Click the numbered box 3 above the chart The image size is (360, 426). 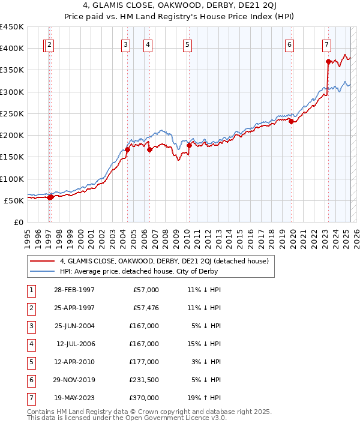pos(125,44)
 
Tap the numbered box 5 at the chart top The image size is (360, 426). pos(188,44)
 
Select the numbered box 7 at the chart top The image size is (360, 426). pos(326,44)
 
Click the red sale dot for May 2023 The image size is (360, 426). pos(328,61)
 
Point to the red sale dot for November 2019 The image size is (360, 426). pos(291,121)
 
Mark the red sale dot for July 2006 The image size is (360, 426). pos(149,149)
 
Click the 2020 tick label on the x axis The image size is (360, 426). pos(293,235)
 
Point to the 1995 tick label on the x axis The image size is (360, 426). pos(28,235)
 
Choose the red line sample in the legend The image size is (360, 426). pos(42,261)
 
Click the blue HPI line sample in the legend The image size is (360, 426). pos(42,271)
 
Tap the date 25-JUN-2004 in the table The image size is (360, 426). pos(74,326)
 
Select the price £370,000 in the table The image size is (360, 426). pos(146,398)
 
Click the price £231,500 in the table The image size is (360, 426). pos(146,380)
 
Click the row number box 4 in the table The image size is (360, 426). pos(30,344)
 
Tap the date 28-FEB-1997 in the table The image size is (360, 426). pos(74,290)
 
